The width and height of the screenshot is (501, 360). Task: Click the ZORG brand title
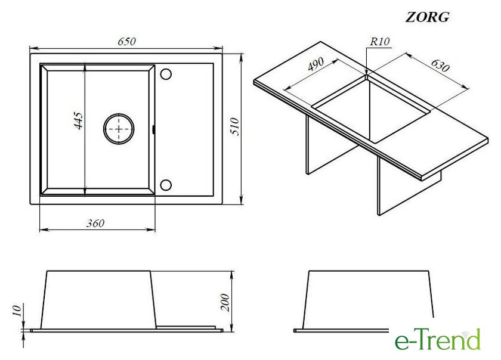[427, 17]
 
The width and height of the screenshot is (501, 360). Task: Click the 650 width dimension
[126, 42]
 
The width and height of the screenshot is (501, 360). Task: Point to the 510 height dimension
[235, 126]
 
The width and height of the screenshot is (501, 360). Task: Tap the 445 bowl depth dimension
[79, 120]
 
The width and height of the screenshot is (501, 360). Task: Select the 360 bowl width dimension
[95, 223]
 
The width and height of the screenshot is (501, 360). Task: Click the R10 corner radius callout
[380, 42]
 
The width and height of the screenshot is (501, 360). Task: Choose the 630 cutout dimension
[440, 65]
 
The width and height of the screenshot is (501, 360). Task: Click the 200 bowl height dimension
[225, 302]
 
